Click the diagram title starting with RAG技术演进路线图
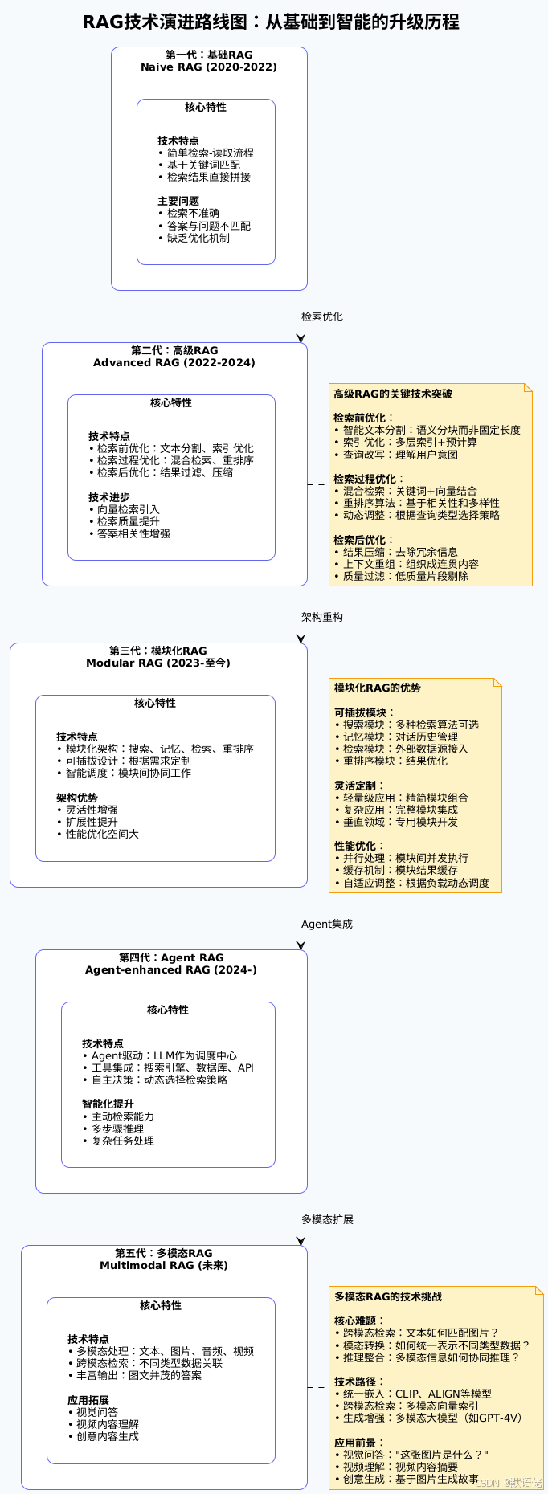[x=271, y=22]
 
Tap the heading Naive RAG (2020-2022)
[x=209, y=67]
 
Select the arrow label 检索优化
[x=322, y=317]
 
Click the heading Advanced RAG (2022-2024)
[x=174, y=363]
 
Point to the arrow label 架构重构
[x=322, y=618]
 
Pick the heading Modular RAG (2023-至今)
[x=158, y=663]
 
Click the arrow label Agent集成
[x=327, y=925]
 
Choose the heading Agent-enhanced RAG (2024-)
[x=171, y=970]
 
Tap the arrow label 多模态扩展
[x=328, y=1220]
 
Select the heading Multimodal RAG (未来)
[x=164, y=1266]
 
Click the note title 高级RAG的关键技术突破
[x=393, y=394]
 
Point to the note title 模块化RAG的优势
[x=378, y=688]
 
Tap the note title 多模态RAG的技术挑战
[x=388, y=1297]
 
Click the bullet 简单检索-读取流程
[x=210, y=153]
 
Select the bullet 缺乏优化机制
[x=198, y=238]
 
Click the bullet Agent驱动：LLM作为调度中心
[x=164, y=1056]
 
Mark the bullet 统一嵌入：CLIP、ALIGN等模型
[x=417, y=1394]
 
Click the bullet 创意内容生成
[x=108, y=1436]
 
